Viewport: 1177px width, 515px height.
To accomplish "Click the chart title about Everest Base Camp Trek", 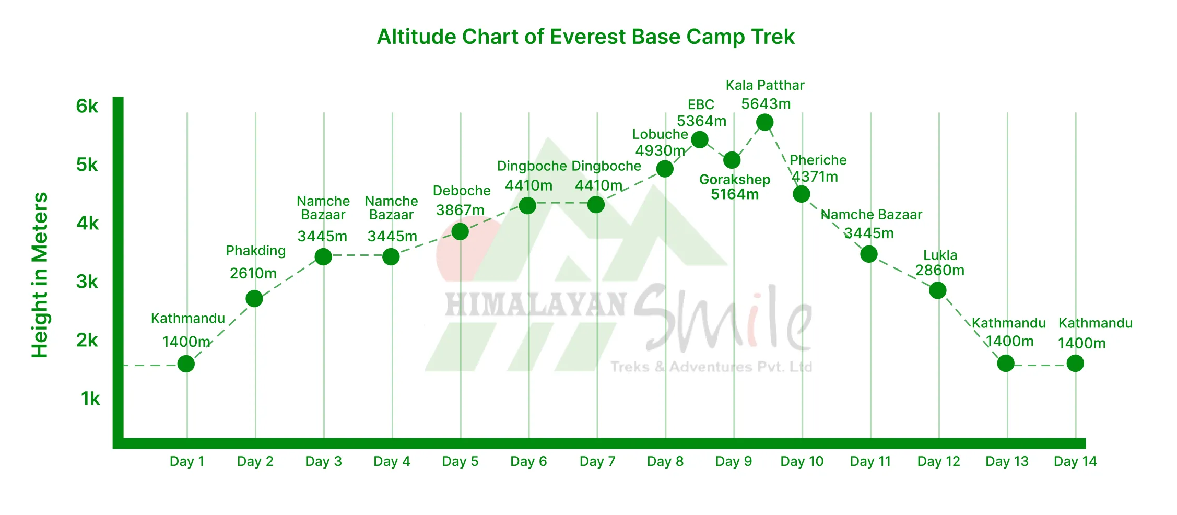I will (585, 37).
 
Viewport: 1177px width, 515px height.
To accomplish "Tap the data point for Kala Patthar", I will (764, 123).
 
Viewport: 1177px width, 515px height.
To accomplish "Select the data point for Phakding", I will (254, 299).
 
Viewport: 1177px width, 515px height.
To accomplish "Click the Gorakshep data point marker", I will (732, 160).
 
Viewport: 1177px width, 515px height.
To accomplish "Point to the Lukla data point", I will (938, 290).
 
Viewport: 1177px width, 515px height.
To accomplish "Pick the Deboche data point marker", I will (460, 231).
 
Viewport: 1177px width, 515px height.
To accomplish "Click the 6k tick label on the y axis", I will (87, 107).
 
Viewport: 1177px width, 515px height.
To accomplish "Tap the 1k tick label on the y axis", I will (90, 399).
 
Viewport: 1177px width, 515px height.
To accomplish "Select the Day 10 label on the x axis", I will (802, 462).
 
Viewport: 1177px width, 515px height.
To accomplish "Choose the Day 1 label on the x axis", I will (187, 462).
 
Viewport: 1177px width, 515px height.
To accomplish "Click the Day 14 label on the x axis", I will (1075, 462).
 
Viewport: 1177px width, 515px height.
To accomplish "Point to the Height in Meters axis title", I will (40, 275).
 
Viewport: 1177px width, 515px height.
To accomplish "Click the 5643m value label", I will (766, 104).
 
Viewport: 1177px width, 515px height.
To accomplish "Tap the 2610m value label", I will (253, 273).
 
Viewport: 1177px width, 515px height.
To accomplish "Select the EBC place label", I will (701, 105).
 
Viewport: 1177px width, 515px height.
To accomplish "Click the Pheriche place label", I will (818, 160).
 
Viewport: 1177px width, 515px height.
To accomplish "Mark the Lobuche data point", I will (665, 169).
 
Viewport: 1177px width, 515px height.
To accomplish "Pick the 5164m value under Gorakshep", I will (735, 194).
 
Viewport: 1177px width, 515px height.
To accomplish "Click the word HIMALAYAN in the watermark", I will (535, 305).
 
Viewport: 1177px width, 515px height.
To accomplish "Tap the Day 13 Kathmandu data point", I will (1006, 364).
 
